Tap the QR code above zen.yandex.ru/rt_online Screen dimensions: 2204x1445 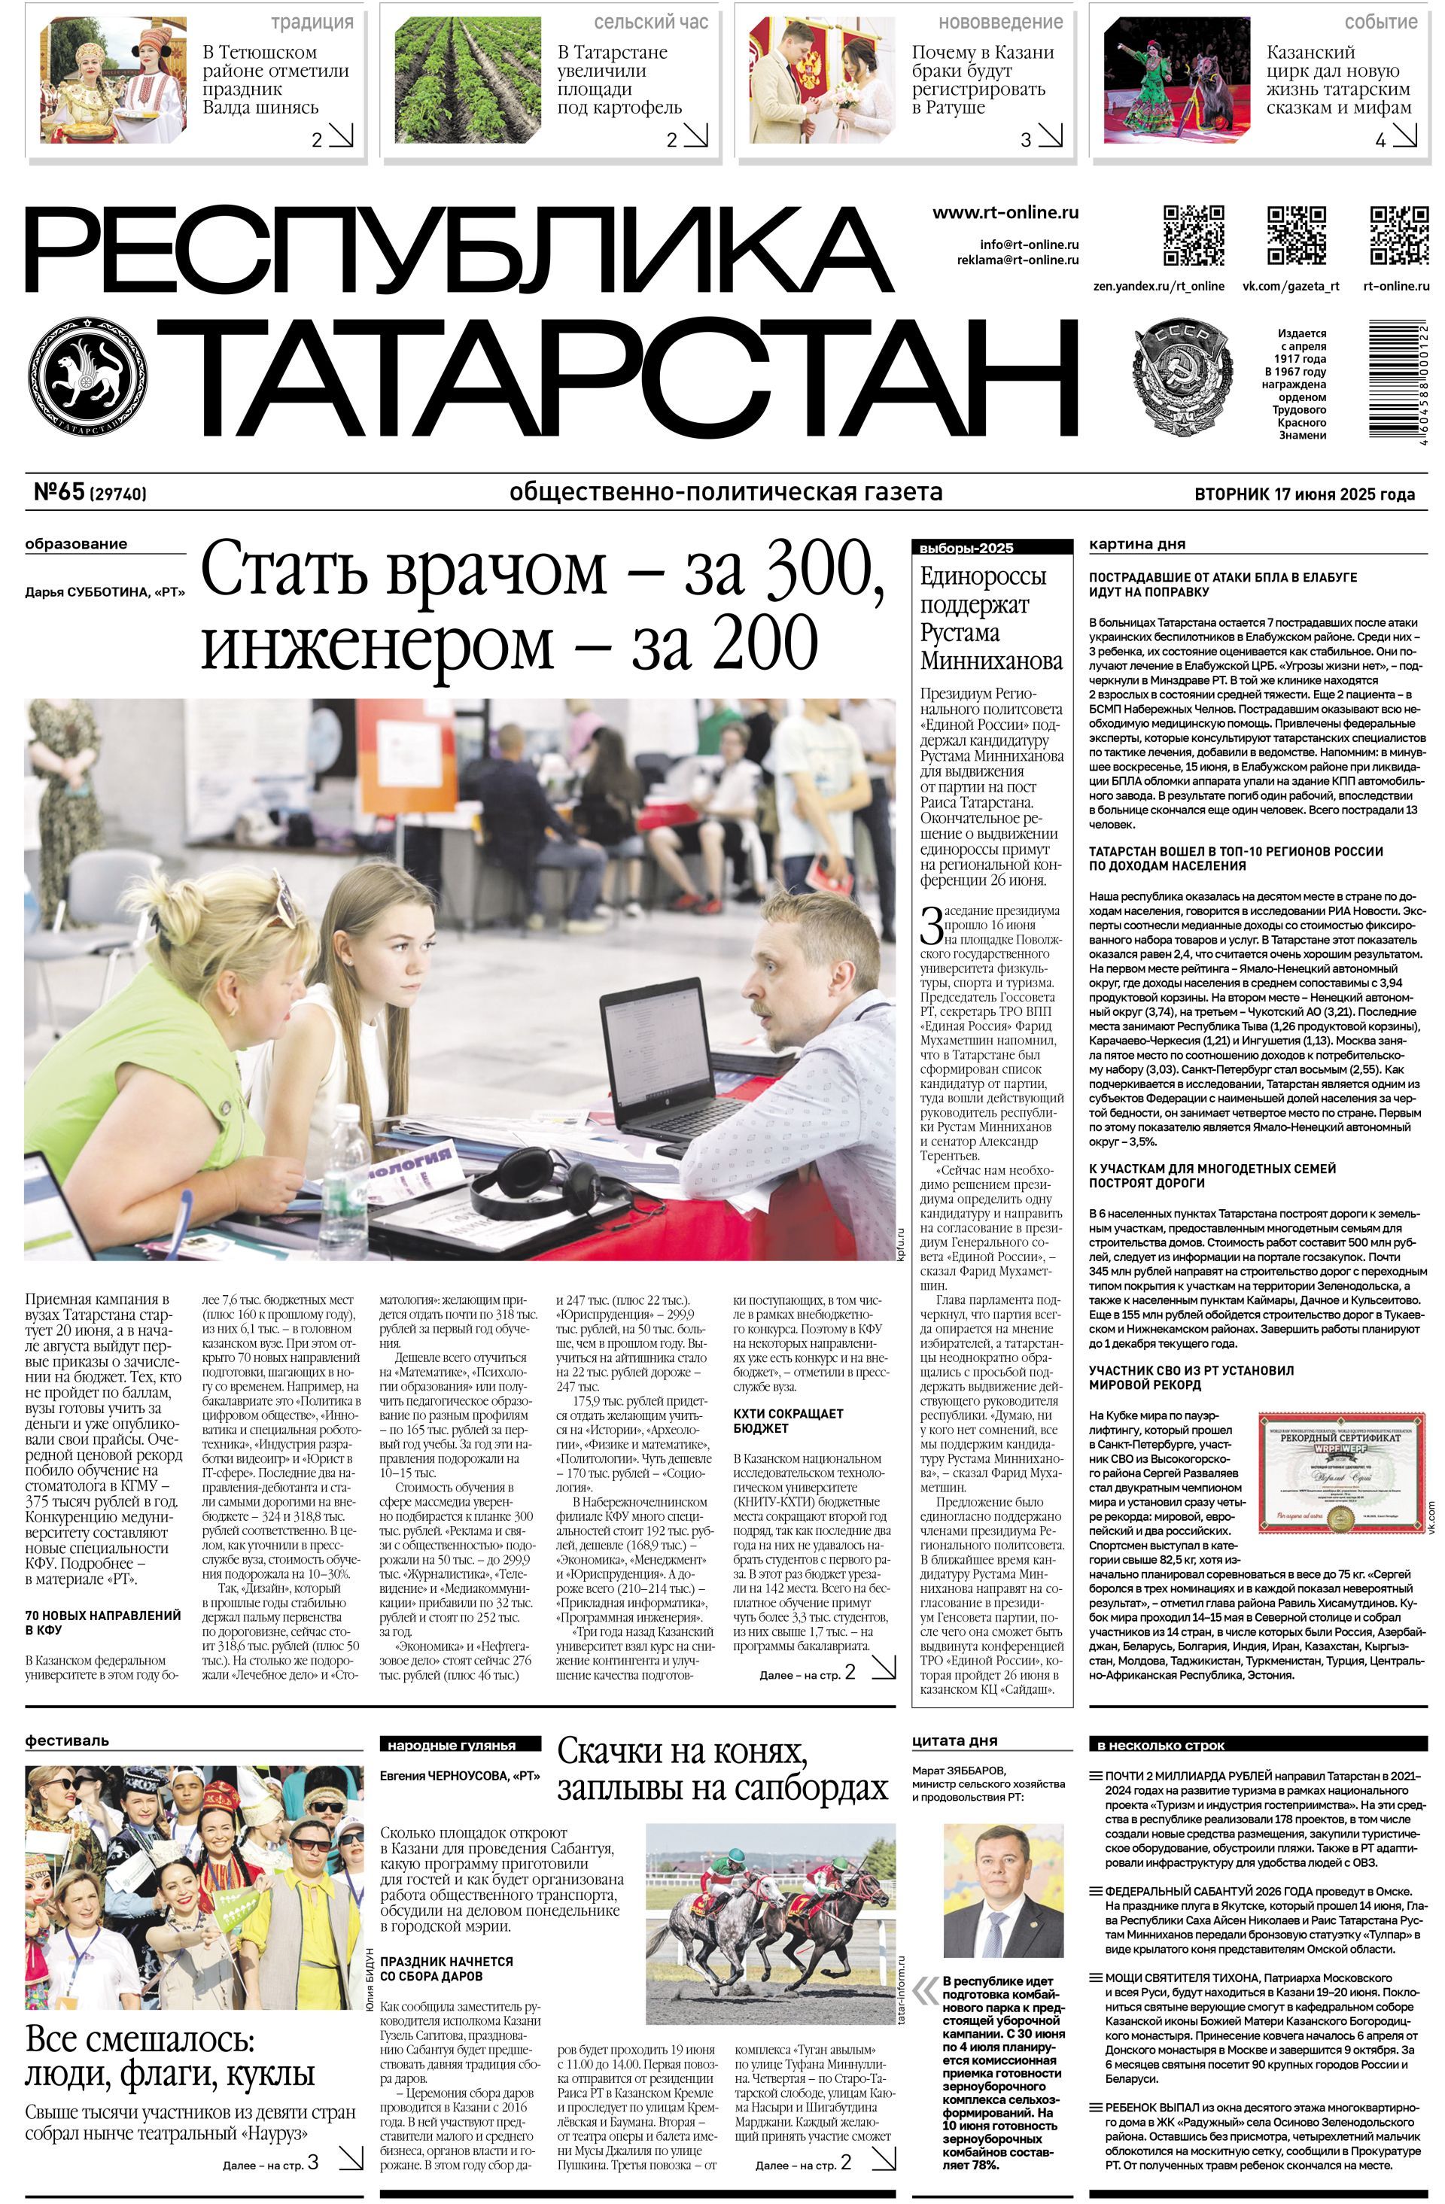coord(1193,236)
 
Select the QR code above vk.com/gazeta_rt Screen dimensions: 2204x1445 coord(1296,236)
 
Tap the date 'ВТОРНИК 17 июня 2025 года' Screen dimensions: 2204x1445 coord(1304,494)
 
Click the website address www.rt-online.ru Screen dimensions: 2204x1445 coord(1005,212)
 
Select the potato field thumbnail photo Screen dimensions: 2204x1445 coord(468,81)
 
